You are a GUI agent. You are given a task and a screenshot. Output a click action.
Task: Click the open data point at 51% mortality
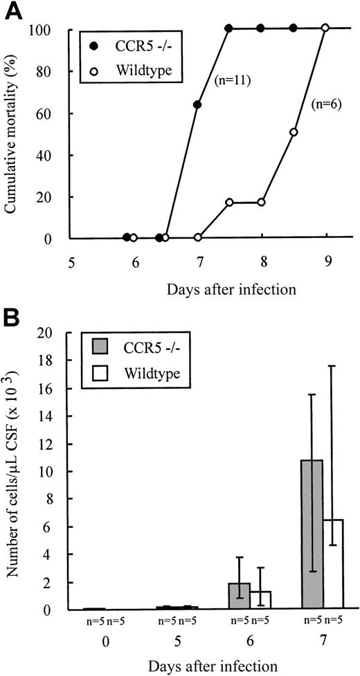click(x=294, y=131)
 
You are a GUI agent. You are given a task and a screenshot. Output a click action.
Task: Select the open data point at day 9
click(x=325, y=28)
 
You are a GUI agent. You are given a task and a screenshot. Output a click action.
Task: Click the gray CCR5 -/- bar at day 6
click(x=240, y=596)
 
